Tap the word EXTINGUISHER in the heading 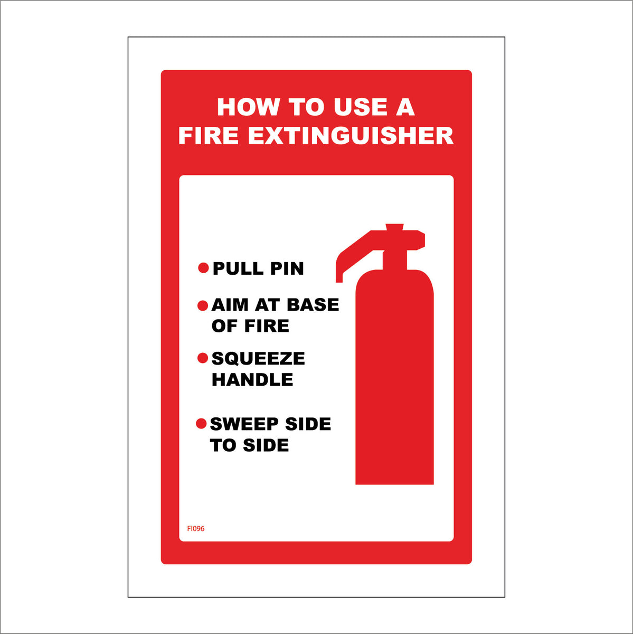click(351, 135)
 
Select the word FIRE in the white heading click(209, 135)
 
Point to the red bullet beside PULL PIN click(203, 268)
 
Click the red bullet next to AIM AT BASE click(202, 305)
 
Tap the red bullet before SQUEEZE click(202, 358)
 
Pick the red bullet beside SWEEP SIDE click(201, 424)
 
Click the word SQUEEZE click(258, 359)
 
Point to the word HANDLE click(252, 380)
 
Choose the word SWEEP click(244, 424)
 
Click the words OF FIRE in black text click(250, 327)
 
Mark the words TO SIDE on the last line click(249, 446)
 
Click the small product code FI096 click(196, 528)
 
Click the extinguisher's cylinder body click(394, 380)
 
